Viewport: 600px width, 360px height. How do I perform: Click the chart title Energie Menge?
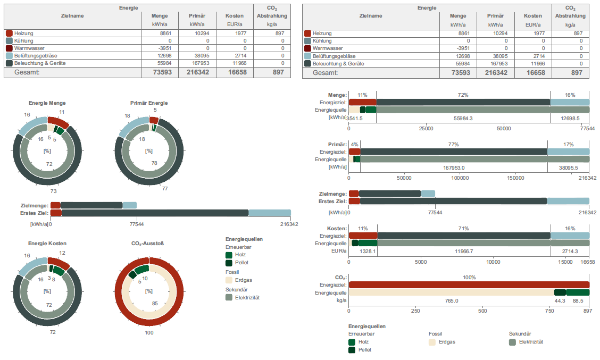click(x=47, y=103)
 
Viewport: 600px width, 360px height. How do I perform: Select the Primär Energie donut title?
click(x=149, y=103)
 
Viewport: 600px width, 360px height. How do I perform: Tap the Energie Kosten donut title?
click(x=47, y=244)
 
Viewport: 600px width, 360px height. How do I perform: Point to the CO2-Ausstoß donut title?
click(x=148, y=244)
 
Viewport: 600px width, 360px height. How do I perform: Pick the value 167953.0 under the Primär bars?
click(x=453, y=168)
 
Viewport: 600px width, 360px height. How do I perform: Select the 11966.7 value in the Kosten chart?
click(x=464, y=251)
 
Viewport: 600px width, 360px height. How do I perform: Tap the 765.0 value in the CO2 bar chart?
click(x=452, y=300)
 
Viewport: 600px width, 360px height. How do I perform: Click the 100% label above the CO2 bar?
click(x=469, y=278)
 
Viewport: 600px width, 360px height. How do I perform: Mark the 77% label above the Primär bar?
click(x=453, y=144)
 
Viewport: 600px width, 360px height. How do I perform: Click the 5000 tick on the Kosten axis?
click(x=421, y=261)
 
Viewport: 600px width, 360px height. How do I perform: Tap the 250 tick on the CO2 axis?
click(x=415, y=311)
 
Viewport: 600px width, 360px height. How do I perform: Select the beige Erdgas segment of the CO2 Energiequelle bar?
click(x=451, y=292)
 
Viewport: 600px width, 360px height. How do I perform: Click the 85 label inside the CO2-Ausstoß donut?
click(x=155, y=304)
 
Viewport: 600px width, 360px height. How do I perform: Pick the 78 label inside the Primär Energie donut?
click(x=155, y=163)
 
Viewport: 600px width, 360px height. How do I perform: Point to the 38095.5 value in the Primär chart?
click(x=569, y=168)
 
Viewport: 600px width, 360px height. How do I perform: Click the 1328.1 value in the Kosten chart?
click(x=368, y=251)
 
